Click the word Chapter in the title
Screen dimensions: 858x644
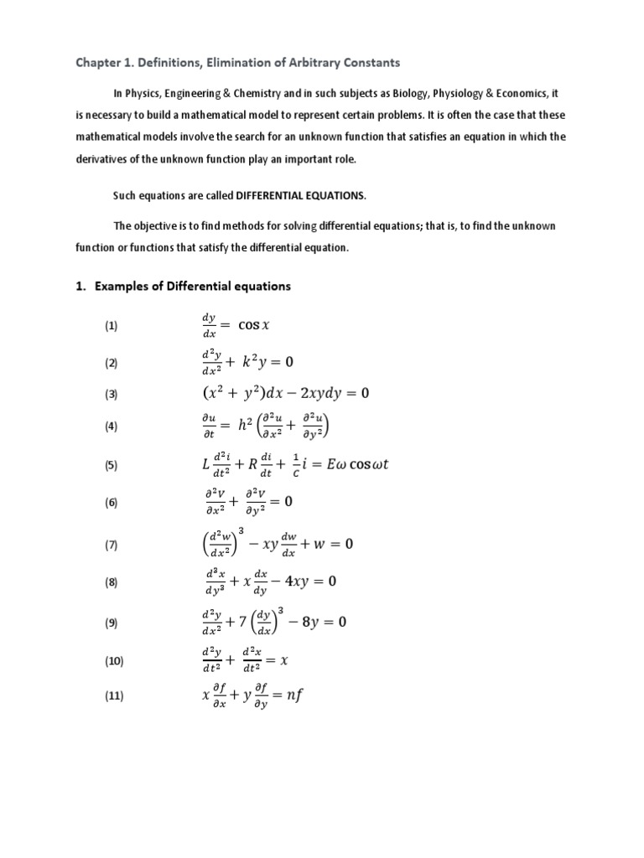(x=98, y=63)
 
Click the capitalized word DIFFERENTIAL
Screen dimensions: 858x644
(x=274, y=195)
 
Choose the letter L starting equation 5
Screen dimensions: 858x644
(x=205, y=465)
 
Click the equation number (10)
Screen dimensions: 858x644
(x=114, y=662)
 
